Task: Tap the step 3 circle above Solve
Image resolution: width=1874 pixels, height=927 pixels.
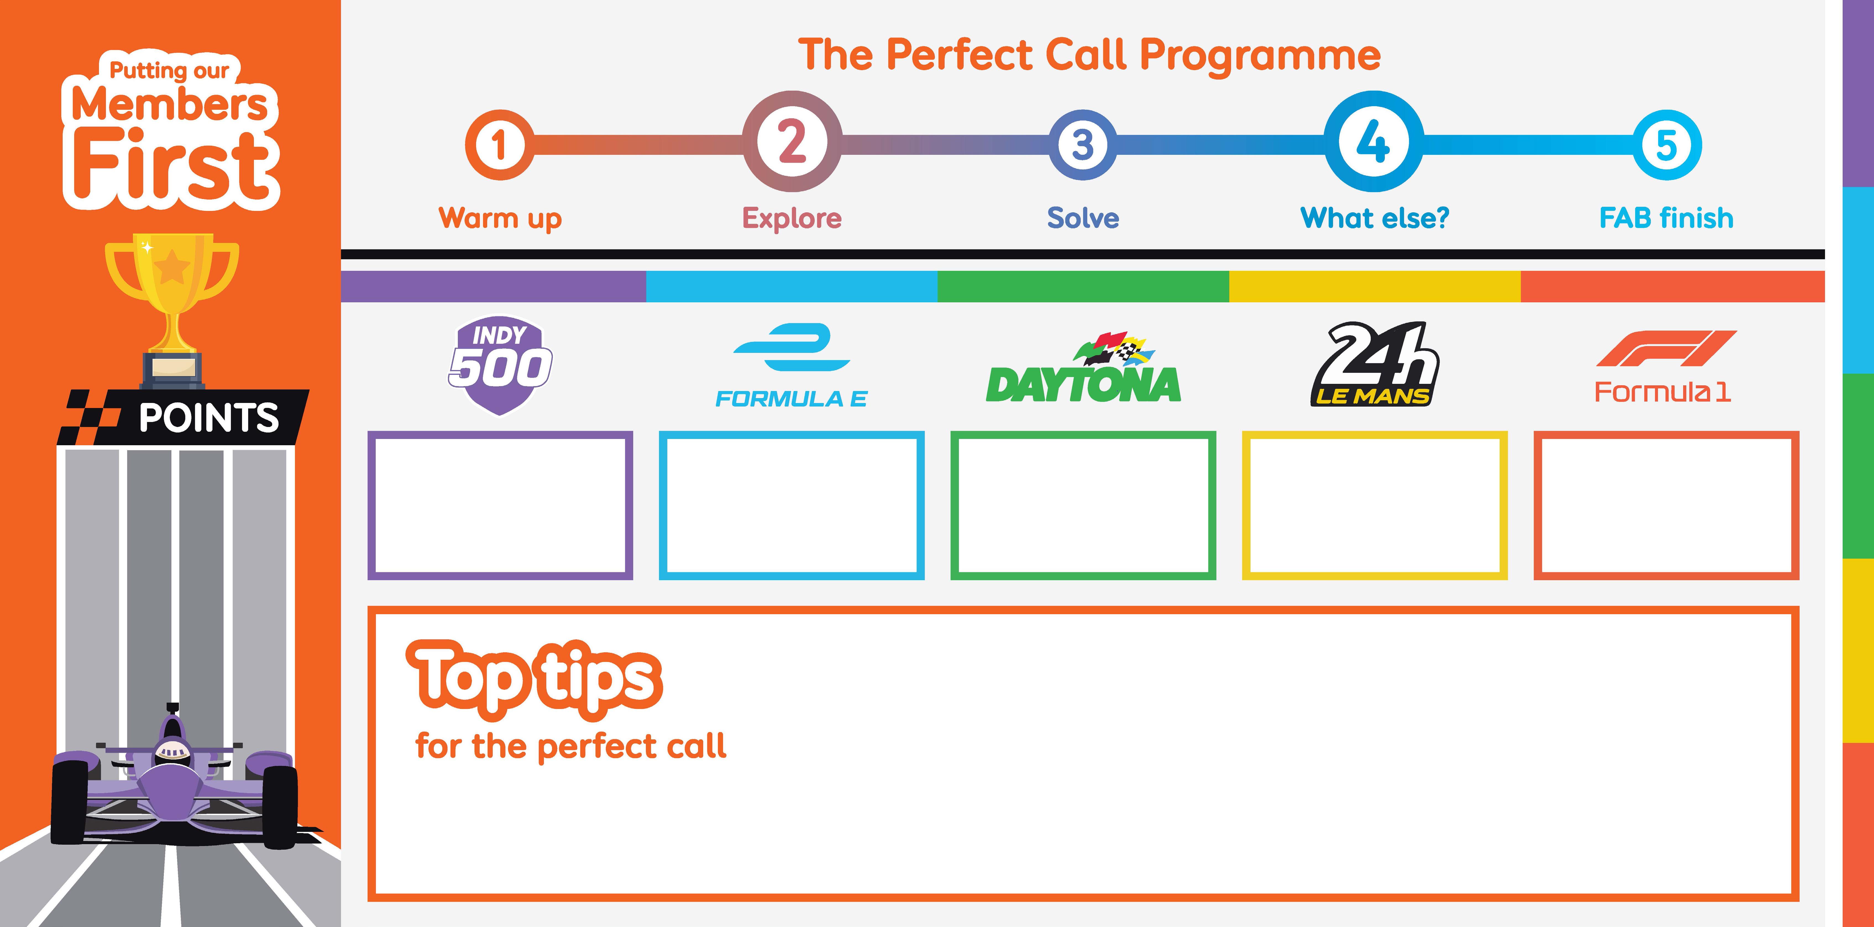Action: (x=1083, y=145)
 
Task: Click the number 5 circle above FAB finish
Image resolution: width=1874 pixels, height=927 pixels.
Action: (x=1667, y=145)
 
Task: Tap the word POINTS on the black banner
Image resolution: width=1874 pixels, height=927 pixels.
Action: (x=209, y=418)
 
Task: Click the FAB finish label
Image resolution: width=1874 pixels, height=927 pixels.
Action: (x=1666, y=218)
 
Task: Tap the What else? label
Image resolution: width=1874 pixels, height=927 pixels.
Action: (x=1374, y=218)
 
